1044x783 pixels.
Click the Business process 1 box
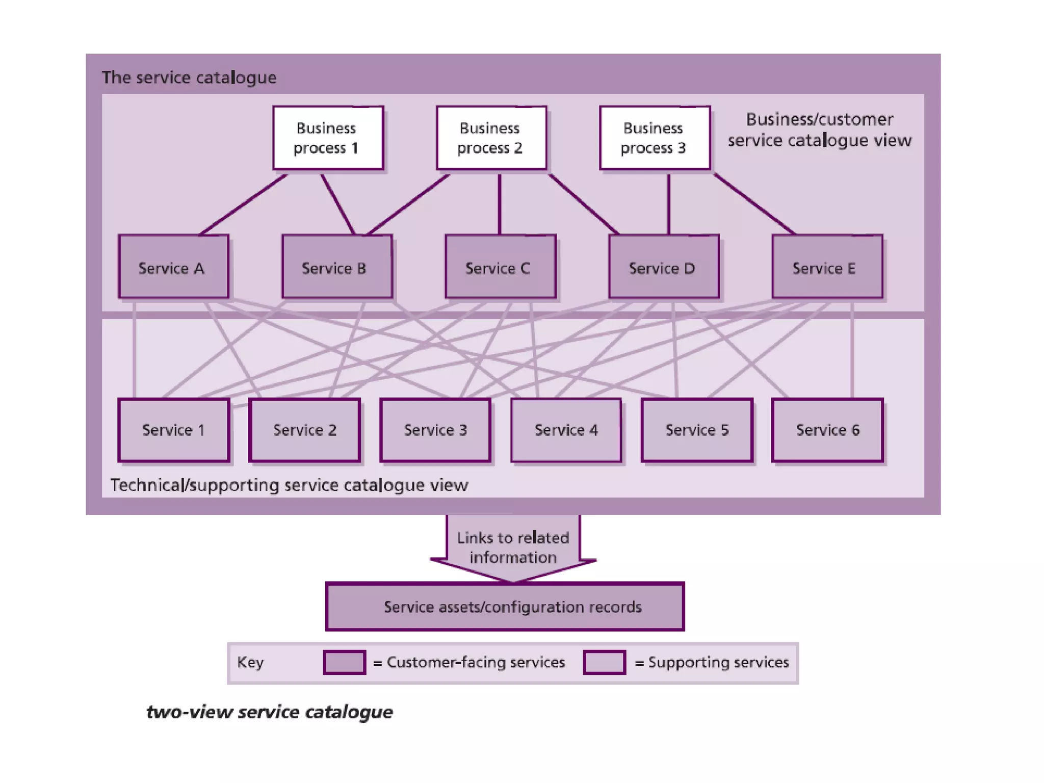pos(328,138)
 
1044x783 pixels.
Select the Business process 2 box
pos(491,138)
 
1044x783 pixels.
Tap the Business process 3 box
pos(655,138)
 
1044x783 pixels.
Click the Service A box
pos(173,267)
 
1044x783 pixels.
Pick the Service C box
pos(500,267)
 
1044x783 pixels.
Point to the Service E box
pos(827,267)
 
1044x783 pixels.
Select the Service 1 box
pos(173,430)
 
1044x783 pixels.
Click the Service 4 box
pos(566,430)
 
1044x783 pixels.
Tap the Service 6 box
pos(827,430)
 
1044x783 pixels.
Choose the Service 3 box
pos(435,430)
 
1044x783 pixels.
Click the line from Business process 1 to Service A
pos(244,205)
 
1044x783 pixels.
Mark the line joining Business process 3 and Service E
pos(754,204)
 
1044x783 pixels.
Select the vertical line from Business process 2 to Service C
pos(500,204)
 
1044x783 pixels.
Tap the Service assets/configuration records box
pos(505,607)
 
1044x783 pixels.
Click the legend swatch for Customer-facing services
pos(345,662)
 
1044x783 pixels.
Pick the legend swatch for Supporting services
pos(604,662)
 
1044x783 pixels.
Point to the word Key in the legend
pos(250,662)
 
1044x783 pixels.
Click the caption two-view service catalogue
pos(269,712)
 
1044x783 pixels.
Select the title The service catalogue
pos(189,77)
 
